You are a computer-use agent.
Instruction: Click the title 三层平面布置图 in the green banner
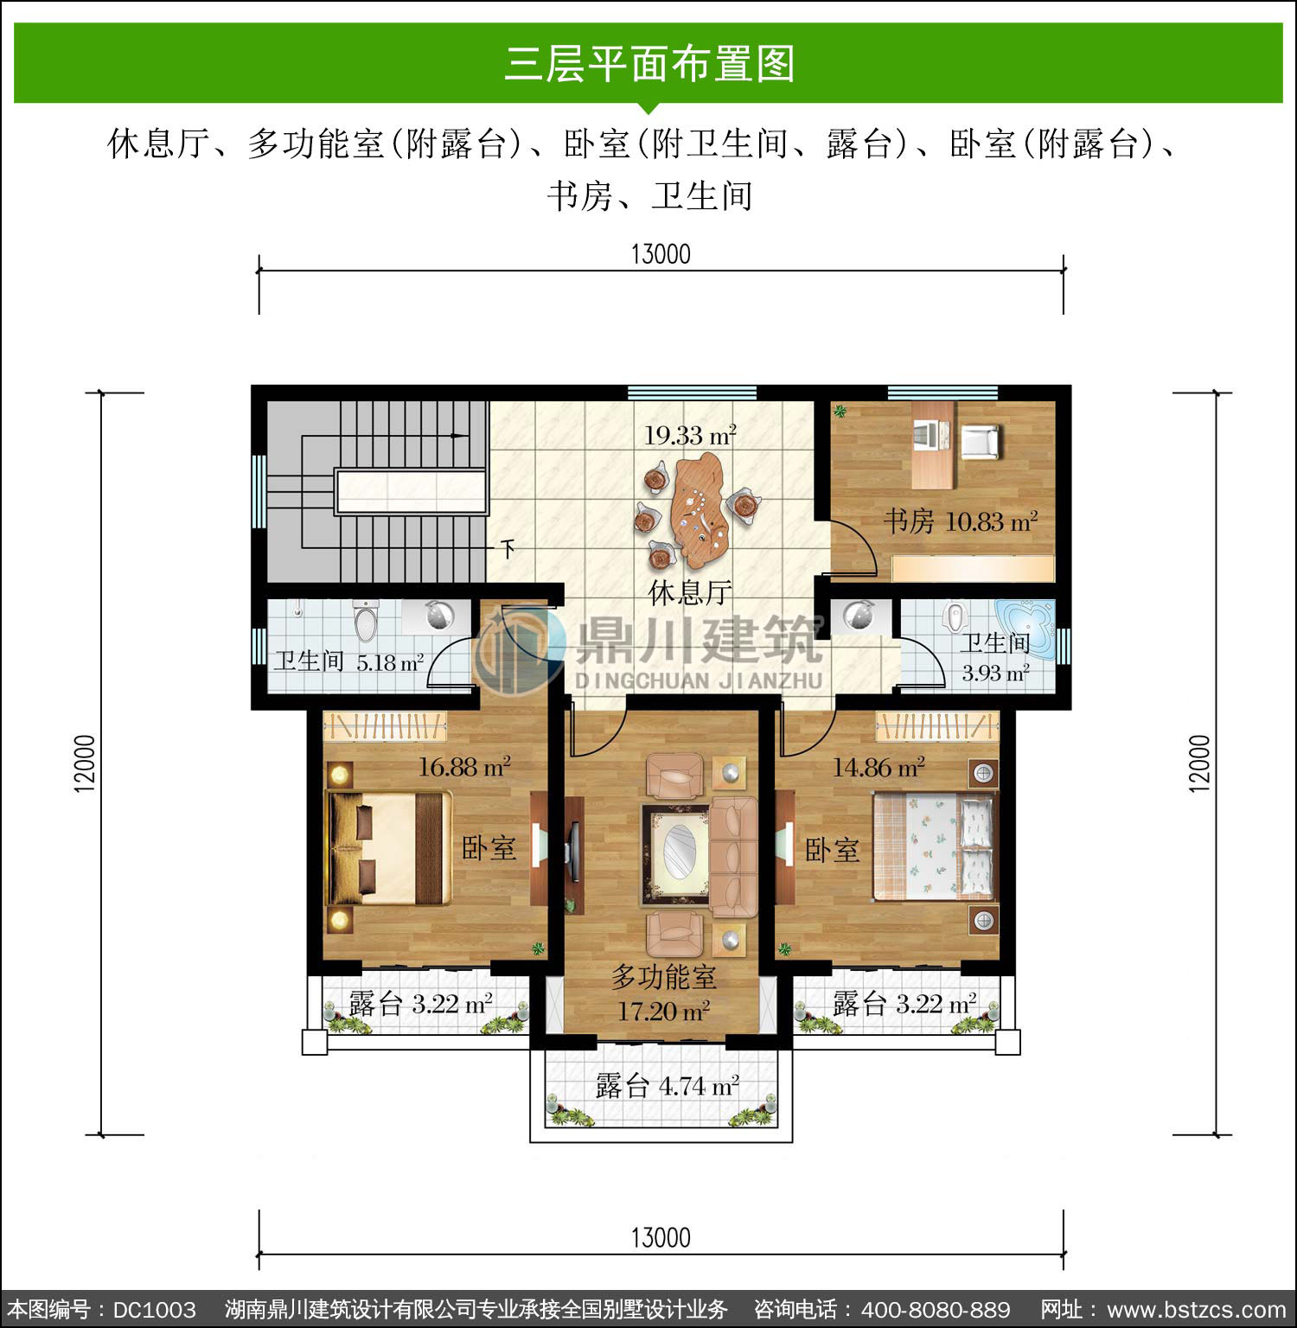click(x=649, y=64)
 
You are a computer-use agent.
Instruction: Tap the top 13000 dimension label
click(x=661, y=254)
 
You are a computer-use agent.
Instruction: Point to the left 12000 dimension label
click(x=85, y=763)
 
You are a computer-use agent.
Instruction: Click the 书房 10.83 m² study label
click(x=960, y=521)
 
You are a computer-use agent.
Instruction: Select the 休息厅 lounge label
click(x=690, y=593)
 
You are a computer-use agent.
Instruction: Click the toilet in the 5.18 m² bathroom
click(x=366, y=620)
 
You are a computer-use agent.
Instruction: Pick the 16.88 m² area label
click(x=464, y=766)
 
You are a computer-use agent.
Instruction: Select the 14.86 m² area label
click(x=879, y=766)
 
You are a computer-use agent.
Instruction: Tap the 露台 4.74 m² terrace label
click(x=667, y=1085)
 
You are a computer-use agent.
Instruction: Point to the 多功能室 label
click(x=664, y=977)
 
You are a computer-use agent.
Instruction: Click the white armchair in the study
click(x=981, y=442)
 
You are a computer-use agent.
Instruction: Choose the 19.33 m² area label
click(x=689, y=435)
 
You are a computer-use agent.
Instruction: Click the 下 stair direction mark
click(x=508, y=547)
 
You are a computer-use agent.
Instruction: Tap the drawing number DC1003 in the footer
click(x=155, y=1310)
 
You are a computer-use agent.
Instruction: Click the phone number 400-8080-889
click(x=936, y=1310)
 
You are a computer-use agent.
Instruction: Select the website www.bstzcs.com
click(x=1197, y=1310)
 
